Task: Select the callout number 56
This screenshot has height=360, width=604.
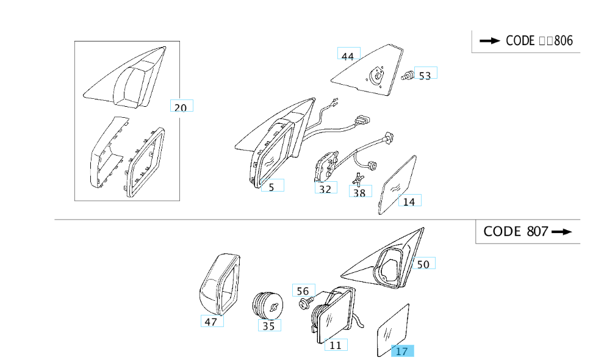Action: point(304,290)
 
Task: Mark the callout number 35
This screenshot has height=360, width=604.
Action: point(269,325)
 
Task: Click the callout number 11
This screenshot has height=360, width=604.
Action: point(336,345)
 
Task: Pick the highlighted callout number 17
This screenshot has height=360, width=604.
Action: point(403,351)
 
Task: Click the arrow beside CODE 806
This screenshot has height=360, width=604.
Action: point(490,40)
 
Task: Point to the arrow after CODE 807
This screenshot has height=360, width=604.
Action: point(562,232)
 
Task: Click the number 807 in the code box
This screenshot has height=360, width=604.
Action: point(537,231)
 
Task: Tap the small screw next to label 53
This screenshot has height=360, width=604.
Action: point(406,76)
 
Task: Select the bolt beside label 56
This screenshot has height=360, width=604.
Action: point(305,303)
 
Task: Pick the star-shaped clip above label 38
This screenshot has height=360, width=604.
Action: point(358,179)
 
